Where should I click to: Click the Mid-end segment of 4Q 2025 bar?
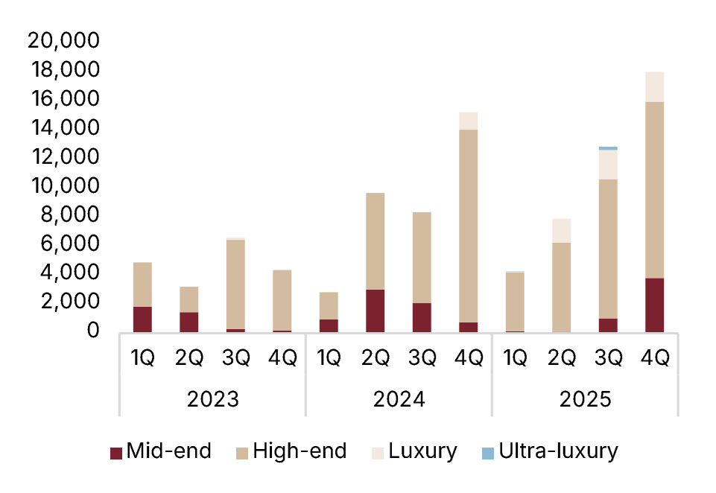tap(655, 305)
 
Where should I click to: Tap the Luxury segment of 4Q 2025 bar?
tap(655, 86)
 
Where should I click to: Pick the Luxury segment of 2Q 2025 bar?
tap(562, 230)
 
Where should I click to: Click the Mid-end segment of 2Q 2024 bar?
tap(376, 311)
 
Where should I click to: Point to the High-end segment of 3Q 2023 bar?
tap(235, 284)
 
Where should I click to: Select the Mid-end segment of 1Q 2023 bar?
tap(142, 319)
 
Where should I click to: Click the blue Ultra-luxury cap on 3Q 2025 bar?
tap(608, 148)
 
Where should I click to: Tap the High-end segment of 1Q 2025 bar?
tap(515, 302)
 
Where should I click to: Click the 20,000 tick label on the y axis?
tap(63, 40)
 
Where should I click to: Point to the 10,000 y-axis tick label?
tap(63, 185)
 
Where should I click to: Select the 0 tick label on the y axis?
tap(92, 331)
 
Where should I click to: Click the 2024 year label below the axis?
tap(399, 399)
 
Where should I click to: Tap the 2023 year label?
tap(212, 399)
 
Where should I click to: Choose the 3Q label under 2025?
tap(608, 358)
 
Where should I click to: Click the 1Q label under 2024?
tap(329, 358)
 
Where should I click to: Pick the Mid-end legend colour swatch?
tap(115, 452)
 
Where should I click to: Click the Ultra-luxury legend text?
tap(559, 451)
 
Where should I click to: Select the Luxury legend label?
tap(422, 451)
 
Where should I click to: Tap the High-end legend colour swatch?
tap(241, 452)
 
